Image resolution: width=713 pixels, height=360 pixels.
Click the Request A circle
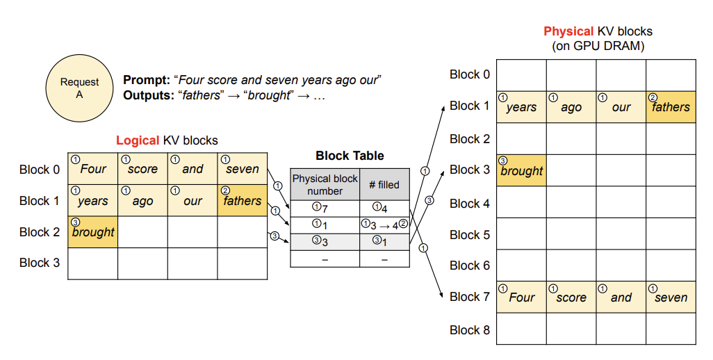[80, 88]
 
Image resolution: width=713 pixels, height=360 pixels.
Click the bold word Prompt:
[147, 80]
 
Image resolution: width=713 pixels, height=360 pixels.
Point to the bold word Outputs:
[149, 95]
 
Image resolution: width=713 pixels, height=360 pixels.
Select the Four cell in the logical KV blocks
[92, 169]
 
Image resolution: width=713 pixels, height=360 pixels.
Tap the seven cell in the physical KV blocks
[671, 297]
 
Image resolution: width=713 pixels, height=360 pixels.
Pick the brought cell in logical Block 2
[92, 232]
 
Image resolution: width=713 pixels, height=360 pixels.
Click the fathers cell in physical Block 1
[671, 107]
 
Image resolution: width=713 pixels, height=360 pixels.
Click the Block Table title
[350, 156]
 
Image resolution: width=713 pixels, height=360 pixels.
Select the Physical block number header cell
[325, 185]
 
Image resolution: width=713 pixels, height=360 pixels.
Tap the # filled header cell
[385, 185]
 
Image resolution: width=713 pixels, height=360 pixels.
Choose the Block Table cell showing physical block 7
[325, 208]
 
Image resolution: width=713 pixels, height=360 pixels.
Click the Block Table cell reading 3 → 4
[385, 225]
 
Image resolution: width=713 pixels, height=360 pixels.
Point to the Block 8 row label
[470, 330]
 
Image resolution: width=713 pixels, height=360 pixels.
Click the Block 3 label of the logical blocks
[40, 263]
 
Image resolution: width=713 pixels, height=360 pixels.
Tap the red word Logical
[138, 140]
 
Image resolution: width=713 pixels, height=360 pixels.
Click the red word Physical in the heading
[569, 31]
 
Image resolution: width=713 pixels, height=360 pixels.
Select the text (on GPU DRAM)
[598, 46]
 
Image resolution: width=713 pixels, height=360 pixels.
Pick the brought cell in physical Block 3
[521, 170]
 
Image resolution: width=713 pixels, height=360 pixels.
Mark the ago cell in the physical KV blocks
[571, 107]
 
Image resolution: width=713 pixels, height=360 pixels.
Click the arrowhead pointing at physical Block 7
[441, 295]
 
